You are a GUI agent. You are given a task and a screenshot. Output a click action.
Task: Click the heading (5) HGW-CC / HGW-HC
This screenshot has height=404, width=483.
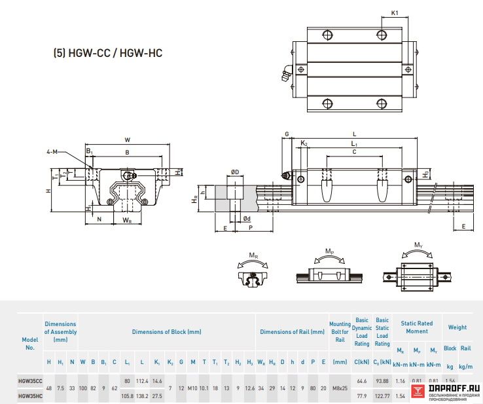pos(107,53)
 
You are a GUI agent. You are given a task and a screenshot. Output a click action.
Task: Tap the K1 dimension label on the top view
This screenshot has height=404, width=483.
pos(395,12)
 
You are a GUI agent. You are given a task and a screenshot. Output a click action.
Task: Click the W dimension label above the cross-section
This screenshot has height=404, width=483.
pos(128,139)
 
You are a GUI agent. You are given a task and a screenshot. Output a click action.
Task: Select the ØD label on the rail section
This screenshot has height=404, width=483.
pos(234,172)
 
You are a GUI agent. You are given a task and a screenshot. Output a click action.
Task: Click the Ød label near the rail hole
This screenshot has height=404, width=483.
pos(246,219)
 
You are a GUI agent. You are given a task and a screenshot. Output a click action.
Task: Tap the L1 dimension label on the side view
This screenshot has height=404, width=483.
pos(354,143)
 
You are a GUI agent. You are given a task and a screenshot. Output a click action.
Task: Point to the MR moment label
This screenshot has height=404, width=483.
pos(253,255)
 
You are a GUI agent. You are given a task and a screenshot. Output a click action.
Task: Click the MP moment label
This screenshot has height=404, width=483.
pos(330,251)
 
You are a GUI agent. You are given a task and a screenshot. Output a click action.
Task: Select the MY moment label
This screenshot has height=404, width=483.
pos(418,246)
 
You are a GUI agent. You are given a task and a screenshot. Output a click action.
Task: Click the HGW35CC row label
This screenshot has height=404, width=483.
pos(30,380)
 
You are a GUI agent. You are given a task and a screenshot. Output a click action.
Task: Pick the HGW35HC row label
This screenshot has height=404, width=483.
pos(30,395)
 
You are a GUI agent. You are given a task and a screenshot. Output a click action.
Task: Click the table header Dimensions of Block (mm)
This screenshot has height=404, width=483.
pos(166,332)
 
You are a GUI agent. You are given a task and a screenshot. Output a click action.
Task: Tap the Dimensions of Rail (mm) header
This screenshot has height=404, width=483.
pos(292,332)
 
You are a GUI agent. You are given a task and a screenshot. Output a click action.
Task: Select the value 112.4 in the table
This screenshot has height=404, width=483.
pos(142,380)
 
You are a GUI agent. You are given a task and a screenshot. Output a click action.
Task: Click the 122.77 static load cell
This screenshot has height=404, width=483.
pos(382,395)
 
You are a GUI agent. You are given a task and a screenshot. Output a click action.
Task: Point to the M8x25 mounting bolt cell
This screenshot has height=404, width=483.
pos(340,388)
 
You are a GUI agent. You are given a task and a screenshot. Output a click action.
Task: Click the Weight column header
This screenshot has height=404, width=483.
pos(457,327)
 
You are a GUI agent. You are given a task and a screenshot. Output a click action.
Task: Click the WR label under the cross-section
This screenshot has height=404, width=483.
pos(127,221)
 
